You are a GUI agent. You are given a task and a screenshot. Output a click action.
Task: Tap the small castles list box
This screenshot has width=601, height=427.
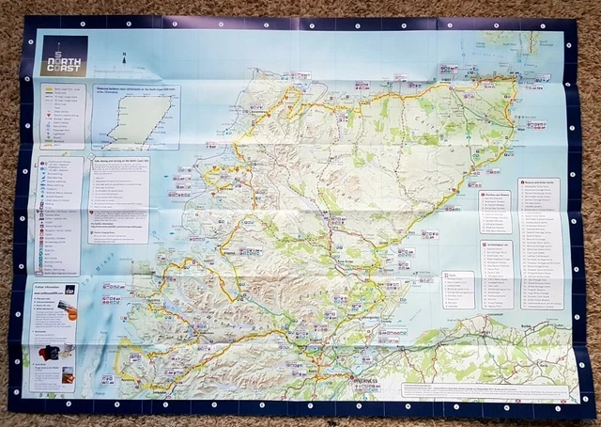click(459, 292)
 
